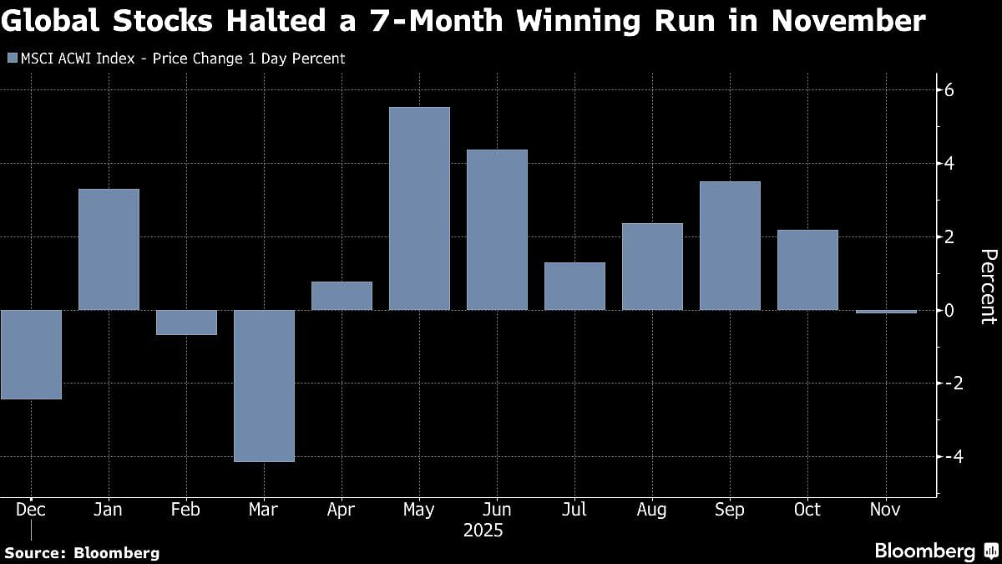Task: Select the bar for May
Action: pyautogui.click(x=419, y=209)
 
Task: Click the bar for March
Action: pyautogui.click(x=264, y=385)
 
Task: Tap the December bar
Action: pyautogui.click(x=31, y=354)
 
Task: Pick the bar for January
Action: pyautogui.click(x=109, y=250)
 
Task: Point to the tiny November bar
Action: pyautogui.click(x=885, y=312)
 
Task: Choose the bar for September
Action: pyautogui.click(x=730, y=246)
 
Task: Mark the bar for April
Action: pyautogui.click(x=342, y=296)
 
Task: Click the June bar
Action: pyautogui.click(x=497, y=230)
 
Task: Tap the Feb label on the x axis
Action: pyautogui.click(x=186, y=510)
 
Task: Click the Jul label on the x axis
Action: pyautogui.click(x=574, y=510)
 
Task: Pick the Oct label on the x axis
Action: pyautogui.click(x=807, y=510)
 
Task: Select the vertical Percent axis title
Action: pyautogui.click(x=988, y=286)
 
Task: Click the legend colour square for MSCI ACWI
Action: pyautogui.click(x=12, y=58)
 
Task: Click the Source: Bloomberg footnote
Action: pyautogui.click(x=82, y=552)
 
